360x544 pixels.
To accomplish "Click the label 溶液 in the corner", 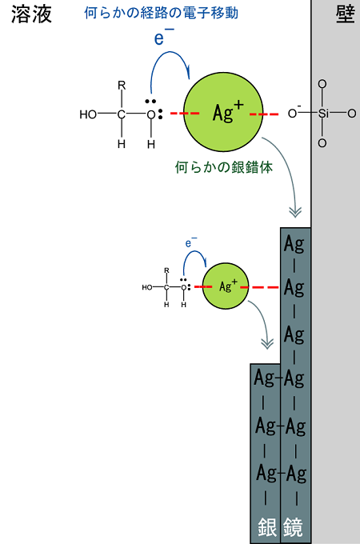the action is pyautogui.click(x=31, y=14).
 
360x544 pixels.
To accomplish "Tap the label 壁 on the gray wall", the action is pyautogui.click(x=345, y=14).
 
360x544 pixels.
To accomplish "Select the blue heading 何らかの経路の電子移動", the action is pyautogui.click(x=162, y=13).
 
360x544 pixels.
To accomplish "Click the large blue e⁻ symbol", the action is pyautogui.click(x=163, y=36).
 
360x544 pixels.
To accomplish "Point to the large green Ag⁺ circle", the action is pyautogui.click(x=223, y=112).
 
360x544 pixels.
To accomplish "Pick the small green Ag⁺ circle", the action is pyautogui.click(x=226, y=286).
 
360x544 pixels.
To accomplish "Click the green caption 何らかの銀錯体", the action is pyautogui.click(x=224, y=167).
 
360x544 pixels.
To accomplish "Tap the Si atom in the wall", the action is pyautogui.click(x=323, y=113).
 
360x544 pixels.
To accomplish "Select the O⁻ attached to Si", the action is pyautogui.click(x=294, y=113).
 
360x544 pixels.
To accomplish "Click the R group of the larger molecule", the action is pyautogui.click(x=122, y=86).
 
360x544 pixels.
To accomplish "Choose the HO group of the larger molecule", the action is pyautogui.click(x=88, y=114).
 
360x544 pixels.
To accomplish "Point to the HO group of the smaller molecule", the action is pyautogui.click(x=147, y=287).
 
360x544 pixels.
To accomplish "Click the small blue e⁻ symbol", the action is pyautogui.click(x=190, y=242).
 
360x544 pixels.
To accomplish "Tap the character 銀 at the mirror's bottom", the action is pyautogui.click(x=267, y=527).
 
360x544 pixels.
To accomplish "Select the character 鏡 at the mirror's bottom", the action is pyautogui.click(x=293, y=527).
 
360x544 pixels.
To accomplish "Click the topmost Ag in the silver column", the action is pyautogui.click(x=294, y=245).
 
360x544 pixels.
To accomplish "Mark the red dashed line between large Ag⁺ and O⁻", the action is pyautogui.click(x=264, y=114).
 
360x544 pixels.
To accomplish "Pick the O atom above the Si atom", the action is pyautogui.click(x=322, y=84).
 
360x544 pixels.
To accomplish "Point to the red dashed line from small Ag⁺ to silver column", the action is pyautogui.click(x=259, y=287).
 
